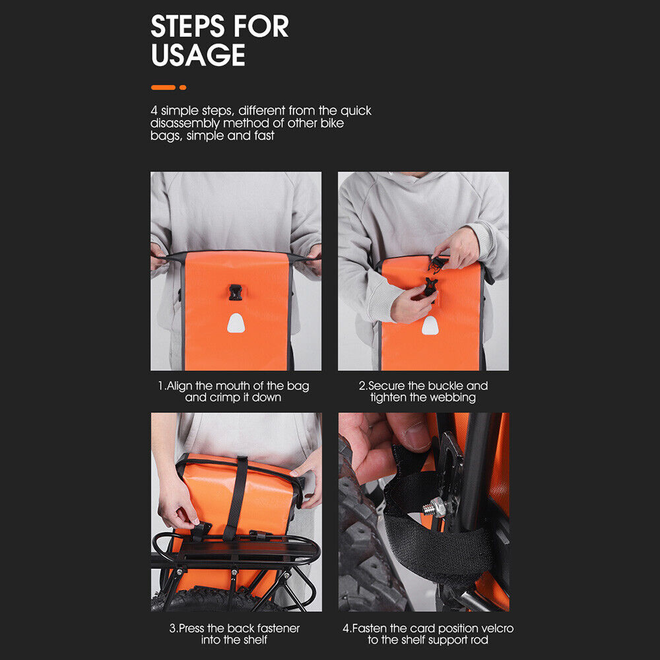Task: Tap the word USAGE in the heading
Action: [198, 55]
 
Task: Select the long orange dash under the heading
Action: [163, 87]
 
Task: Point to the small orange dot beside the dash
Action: [183, 87]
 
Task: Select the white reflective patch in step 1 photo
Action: [236, 323]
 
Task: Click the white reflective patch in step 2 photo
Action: [430, 325]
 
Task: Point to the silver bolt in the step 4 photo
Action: [433, 508]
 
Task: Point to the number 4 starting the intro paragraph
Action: [154, 110]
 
